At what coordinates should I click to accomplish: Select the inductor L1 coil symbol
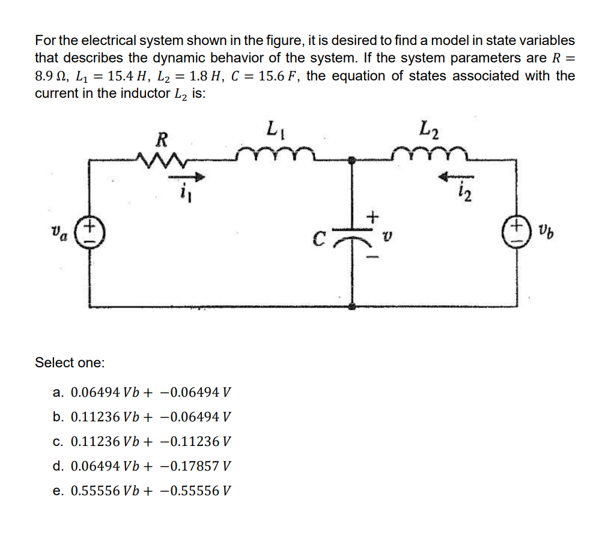[274, 154]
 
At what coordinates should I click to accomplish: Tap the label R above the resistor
[160, 140]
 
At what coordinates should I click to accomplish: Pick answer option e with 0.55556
[142, 490]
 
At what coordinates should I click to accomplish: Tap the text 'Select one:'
[70, 363]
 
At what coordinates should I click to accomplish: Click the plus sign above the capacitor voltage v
[373, 215]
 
